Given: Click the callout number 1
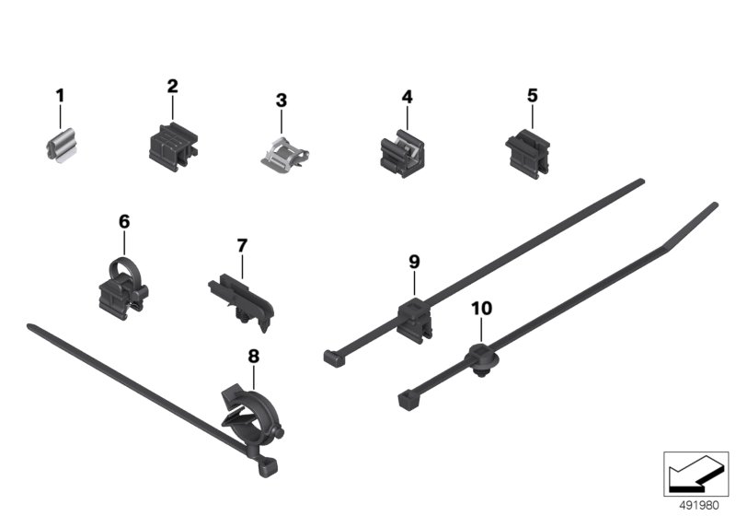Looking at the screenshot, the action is click(60, 96).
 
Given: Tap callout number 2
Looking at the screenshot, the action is click(172, 86).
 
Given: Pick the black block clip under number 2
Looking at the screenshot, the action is click(173, 147).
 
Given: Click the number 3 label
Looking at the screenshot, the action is click(281, 100).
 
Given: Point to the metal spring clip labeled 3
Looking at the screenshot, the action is click(283, 154).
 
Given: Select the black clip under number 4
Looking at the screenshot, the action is click(402, 153).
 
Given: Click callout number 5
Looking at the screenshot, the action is click(532, 96).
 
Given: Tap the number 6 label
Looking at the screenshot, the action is click(124, 221).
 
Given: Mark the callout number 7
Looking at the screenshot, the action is click(242, 245).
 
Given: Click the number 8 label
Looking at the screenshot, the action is click(253, 357).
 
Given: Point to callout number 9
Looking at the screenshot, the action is click(413, 262).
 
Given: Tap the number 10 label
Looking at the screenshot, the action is click(481, 309).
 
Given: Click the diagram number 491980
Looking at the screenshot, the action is click(699, 506).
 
